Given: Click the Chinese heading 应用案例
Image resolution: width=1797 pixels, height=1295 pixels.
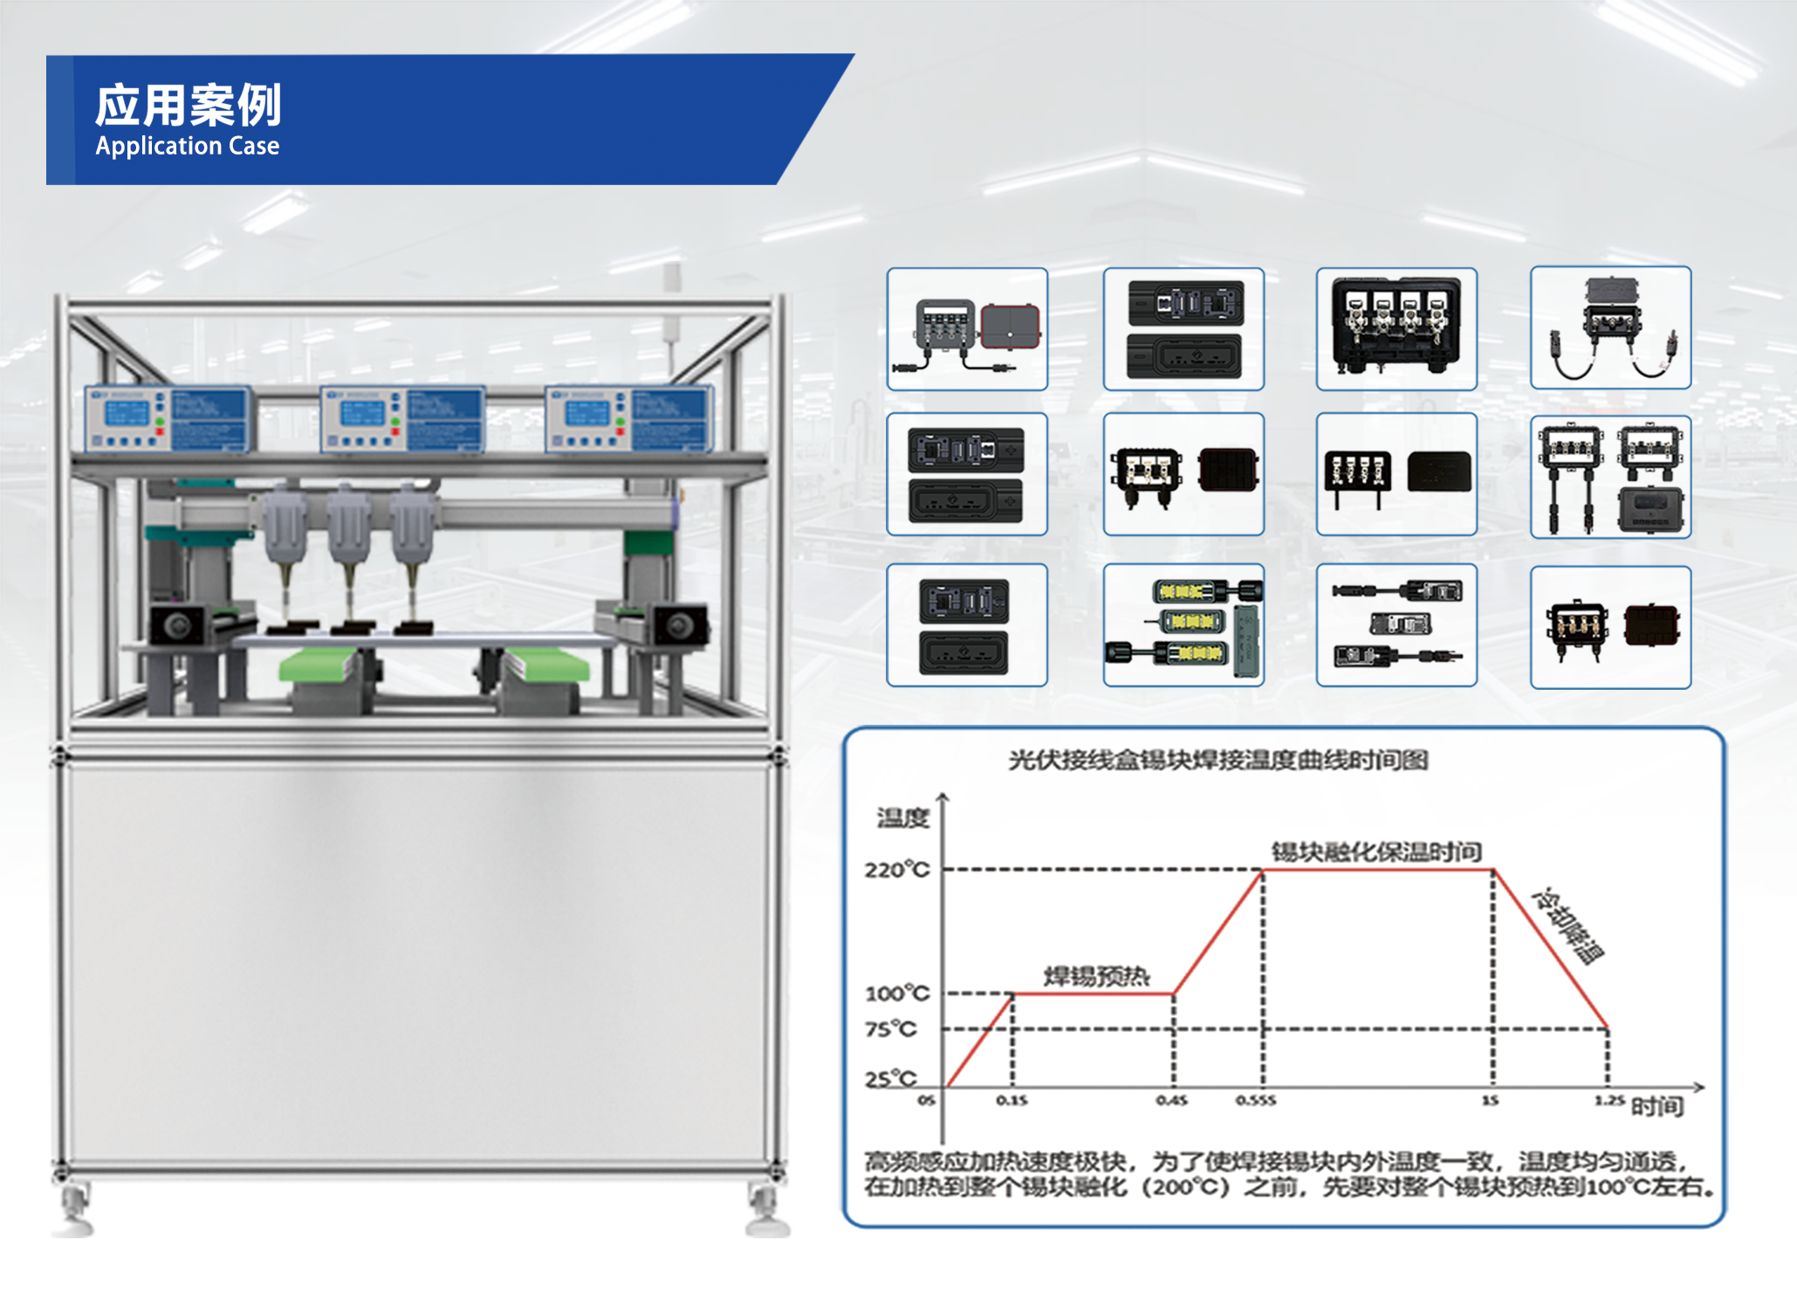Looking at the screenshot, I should (x=188, y=106).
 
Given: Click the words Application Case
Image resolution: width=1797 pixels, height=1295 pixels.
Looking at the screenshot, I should (x=188, y=146).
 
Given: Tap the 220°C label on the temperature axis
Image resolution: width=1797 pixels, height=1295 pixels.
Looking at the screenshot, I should (x=897, y=870).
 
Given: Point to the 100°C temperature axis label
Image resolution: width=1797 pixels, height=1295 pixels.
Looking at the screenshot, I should (x=897, y=994).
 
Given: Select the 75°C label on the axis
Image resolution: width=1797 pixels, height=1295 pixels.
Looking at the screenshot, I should (x=891, y=1030).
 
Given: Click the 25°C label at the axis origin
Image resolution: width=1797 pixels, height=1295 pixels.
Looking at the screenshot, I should (x=891, y=1079).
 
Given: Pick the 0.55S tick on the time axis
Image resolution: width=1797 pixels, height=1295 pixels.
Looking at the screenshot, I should (x=1256, y=1101).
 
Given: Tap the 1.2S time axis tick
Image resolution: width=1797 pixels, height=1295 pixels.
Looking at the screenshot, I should (x=1609, y=1100).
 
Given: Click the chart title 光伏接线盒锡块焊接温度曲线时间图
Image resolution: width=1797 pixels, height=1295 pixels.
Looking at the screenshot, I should (x=1218, y=761).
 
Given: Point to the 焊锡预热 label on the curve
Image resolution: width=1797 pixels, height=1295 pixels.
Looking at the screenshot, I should (x=1097, y=975).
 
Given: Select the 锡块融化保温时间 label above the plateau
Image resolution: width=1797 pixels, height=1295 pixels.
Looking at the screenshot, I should (x=1376, y=851).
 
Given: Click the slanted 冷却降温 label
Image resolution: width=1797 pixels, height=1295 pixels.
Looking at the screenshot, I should (x=1568, y=926).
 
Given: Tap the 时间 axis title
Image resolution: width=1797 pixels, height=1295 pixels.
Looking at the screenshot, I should (x=1657, y=1107).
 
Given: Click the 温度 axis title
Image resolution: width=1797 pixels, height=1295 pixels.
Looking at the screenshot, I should (x=903, y=818).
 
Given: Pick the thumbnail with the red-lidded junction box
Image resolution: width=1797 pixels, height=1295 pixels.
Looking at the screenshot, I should (x=967, y=329).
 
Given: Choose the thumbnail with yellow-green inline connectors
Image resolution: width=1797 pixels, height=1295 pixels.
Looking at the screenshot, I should (x=1183, y=625).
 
